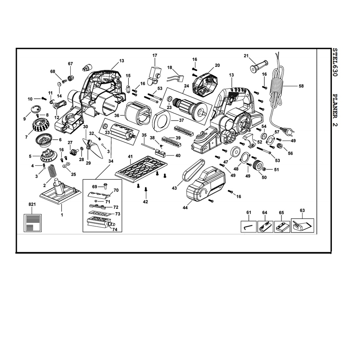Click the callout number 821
[x=32, y=204]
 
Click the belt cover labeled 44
[x=205, y=184]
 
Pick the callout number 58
[x=301, y=86]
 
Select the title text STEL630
[x=335, y=62]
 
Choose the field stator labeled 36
[x=139, y=114]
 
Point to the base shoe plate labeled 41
[x=141, y=169]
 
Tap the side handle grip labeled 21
[x=259, y=66]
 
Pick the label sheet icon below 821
[x=33, y=223]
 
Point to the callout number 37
[x=181, y=120]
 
